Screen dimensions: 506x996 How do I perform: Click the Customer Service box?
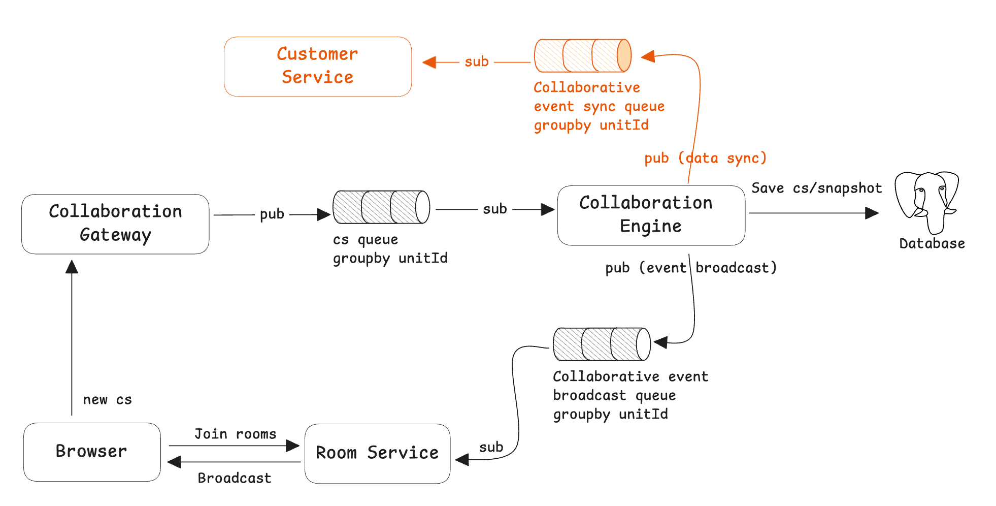tap(317, 67)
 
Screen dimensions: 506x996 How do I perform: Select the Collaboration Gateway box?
tap(115, 224)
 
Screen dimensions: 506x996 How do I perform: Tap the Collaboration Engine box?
tap(651, 215)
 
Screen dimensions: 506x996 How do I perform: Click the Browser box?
tap(92, 452)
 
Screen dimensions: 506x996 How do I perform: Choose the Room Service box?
tap(377, 453)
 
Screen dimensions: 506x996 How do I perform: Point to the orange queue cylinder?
tap(582, 55)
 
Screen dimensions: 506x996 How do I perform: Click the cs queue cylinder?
tap(381, 207)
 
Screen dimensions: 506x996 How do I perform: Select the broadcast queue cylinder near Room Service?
tap(602, 344)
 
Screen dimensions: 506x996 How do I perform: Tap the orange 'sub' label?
tap(476, 62)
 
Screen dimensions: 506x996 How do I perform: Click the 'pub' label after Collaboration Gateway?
tap(272, 214)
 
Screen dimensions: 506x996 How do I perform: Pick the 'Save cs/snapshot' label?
tap(816, 188)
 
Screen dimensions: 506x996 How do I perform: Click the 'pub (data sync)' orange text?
tap(705, 158)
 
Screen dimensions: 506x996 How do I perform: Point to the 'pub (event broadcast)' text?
tap(691, 268)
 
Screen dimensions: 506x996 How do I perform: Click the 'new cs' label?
tap(107, 400)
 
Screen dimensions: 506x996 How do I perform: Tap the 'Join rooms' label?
tap(235, 434)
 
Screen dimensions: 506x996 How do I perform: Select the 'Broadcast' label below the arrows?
tap(234, 478)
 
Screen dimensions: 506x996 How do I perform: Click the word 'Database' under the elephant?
tap(932, 244)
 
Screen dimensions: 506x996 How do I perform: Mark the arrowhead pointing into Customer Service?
tap(429, 62)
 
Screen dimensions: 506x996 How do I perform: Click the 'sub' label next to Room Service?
tap(491, 448)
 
